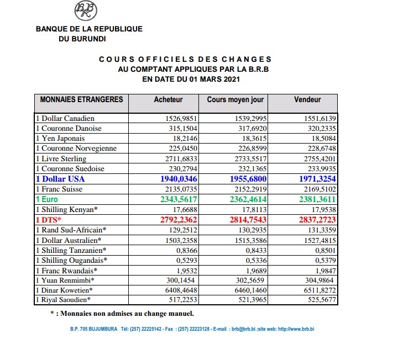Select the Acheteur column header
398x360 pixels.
(x=168, y=100)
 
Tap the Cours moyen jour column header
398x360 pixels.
(x=235, y=100)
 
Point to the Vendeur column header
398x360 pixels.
(x=307, y=100)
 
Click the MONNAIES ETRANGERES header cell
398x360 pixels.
(x=81, y=100)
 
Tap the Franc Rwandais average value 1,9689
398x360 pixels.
(x=255, y=270)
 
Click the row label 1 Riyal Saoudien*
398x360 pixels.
(x=63, y=300)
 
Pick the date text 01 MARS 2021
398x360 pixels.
(x=214, y=79)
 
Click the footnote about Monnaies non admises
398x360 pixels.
(x=122, y=314)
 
